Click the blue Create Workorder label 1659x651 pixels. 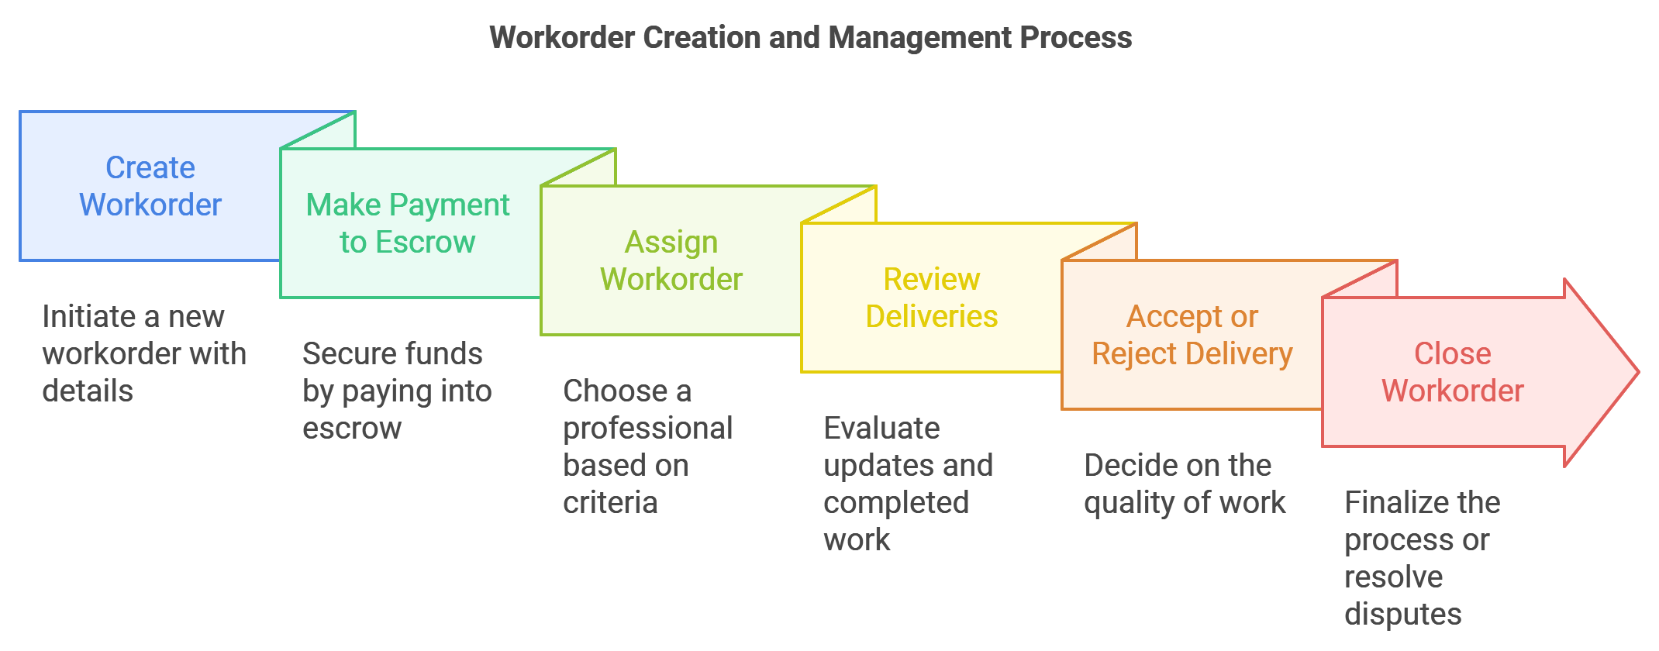tap(150, 186)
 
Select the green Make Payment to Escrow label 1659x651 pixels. tap(408, 223)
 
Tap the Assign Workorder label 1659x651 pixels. tap(671, 260)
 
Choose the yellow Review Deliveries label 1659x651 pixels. tap(932, 298)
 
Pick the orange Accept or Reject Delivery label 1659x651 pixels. tap(1192, 335)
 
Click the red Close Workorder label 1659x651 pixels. tap(1453, 372)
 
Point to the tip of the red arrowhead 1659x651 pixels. tap(1639, 373)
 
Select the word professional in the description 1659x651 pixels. tap(648, 429)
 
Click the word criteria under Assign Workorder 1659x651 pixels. tap(610, 502)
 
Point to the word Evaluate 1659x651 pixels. tap(881, 428)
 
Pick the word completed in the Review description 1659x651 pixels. tap(896, 503)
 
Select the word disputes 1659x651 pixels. tap(1403, 615)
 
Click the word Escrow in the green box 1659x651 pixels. tap(425, 242)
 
